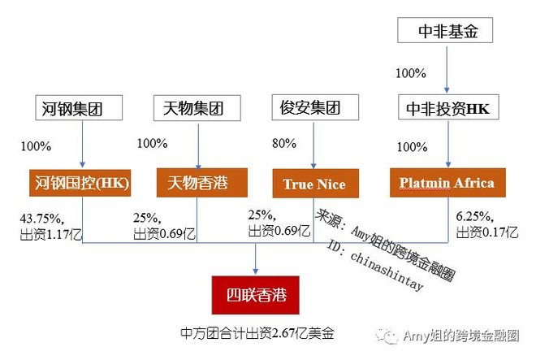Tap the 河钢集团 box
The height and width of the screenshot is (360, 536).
click(82, 107)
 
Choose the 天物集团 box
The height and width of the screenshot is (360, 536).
click(198, 107)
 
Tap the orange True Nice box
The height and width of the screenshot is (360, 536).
click(314, 184)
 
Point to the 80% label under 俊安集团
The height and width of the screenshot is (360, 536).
click(284, 144)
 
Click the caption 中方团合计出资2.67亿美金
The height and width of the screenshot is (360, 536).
click(257, 333)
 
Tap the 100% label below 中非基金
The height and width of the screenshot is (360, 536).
click(411, 72)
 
